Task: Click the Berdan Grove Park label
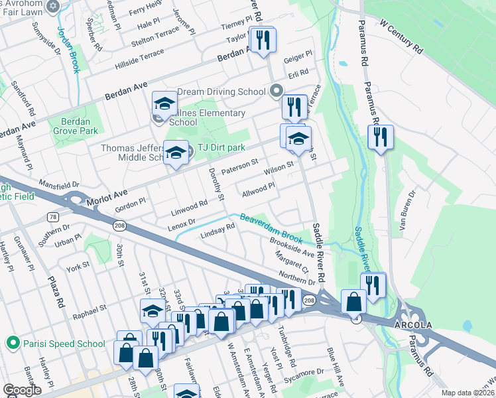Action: point(79,126)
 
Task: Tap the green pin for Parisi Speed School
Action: point(11,343)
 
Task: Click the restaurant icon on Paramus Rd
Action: point(381,137)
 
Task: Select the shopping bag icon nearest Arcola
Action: point(353,301)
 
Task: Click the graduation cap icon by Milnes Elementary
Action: point(164,103)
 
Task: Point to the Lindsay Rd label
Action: point(218,231)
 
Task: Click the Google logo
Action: point(22,390)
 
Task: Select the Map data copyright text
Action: point(468,393)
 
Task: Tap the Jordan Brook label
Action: point(69,31)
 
